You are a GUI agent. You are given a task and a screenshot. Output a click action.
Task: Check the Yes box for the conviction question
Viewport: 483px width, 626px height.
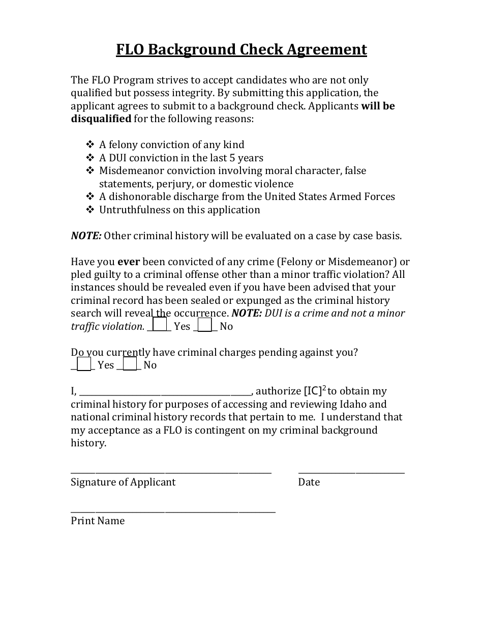(x=160, y=324)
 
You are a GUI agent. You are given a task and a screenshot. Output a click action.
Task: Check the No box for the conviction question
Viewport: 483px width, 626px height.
(x=205, y=324)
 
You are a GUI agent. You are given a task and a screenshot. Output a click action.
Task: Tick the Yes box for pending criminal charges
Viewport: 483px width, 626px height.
(x=84, y=363)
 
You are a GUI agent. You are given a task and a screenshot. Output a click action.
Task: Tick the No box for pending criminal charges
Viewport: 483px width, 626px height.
(x=130, y=363)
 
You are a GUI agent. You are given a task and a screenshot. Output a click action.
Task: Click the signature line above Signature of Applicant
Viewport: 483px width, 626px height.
(x=171, y=472)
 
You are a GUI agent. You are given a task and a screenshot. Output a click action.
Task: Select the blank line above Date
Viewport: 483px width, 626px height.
(x=351, y=472)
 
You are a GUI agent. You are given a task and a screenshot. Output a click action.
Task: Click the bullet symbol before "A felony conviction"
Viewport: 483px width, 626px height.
(x=90, y=145)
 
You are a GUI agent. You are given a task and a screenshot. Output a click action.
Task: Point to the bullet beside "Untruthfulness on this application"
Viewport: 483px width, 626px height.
(x=90, y=210)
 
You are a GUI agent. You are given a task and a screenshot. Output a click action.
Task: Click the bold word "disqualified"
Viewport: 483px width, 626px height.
(x=101, y=119)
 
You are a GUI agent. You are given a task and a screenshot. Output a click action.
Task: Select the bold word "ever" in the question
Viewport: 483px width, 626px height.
(x=129, y=262)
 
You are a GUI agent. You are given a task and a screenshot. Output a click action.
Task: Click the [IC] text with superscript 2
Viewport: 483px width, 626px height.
(x=315, y=391)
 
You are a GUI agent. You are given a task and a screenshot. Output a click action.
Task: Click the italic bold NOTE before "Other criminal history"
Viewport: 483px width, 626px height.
(x=86, y=236)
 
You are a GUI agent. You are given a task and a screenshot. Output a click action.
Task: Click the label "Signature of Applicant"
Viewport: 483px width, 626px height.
(x=123, y=482)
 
